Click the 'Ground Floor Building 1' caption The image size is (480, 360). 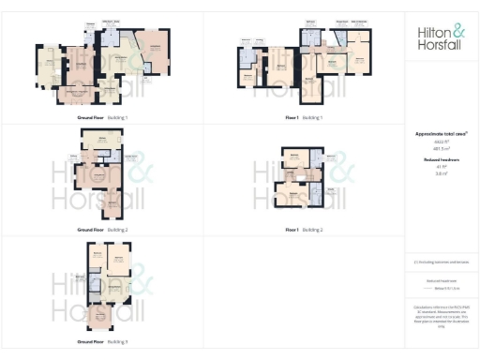click(x=102, y=118)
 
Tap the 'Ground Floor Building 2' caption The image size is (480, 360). click(x=102, y=229)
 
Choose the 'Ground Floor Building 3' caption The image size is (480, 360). click(x=102, y=341)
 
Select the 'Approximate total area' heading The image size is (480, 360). click(x=441, y=134)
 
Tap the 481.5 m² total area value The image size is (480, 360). click(x=440, y=148)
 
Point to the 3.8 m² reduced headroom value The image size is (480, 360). click(x=440, y=173)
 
